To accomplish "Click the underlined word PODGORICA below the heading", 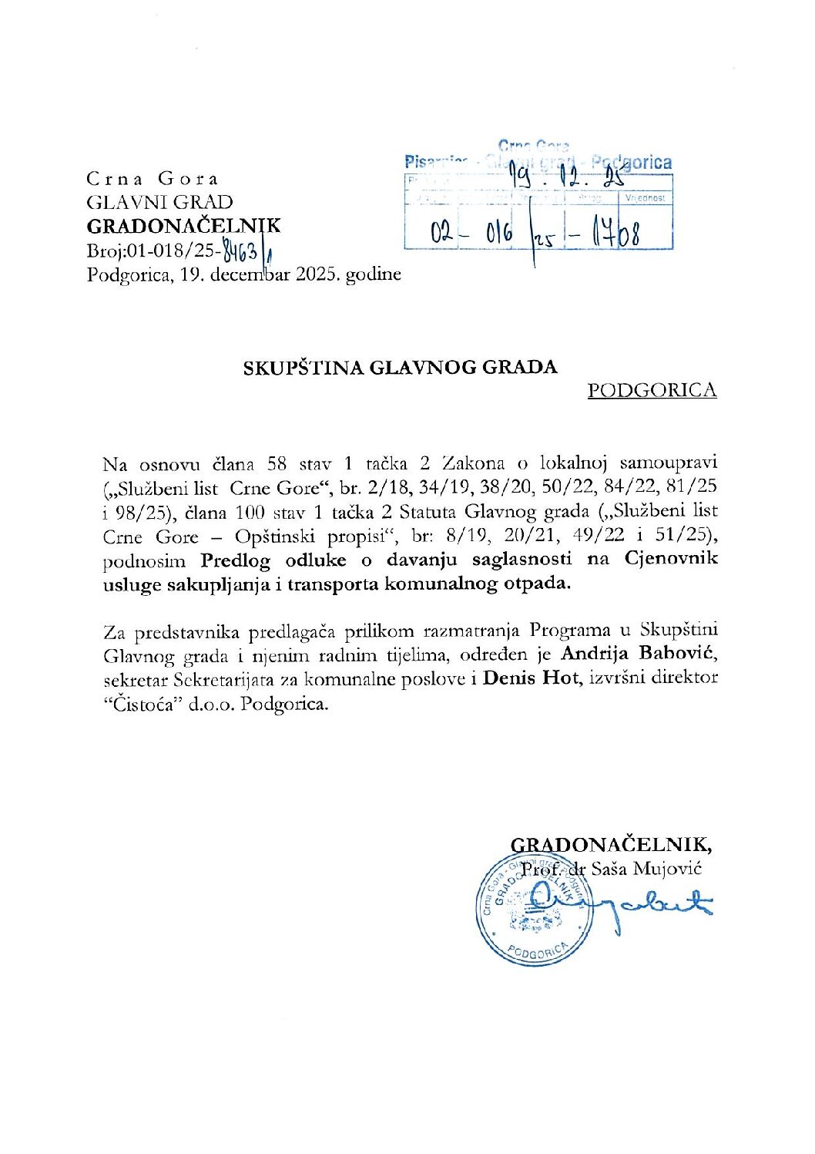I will coord(652,390).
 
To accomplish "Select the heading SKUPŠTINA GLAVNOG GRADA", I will coord(400,367).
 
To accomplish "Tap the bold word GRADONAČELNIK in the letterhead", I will coord(183,226).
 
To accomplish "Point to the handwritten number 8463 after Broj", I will coord(240,251).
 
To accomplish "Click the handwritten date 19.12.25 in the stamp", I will coord(568,179).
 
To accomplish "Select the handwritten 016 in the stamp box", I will coord(499,233).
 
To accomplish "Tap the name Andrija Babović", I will coord(639,654).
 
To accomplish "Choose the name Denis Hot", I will coord(531,678).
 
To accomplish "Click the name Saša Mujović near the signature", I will coord(646,869).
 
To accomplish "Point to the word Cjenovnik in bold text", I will coord(671,559).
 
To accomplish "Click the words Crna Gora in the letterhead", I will coord(153,179).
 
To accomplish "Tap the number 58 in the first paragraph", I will coord(277,464).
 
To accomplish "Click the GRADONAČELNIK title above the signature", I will coord(611,844).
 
